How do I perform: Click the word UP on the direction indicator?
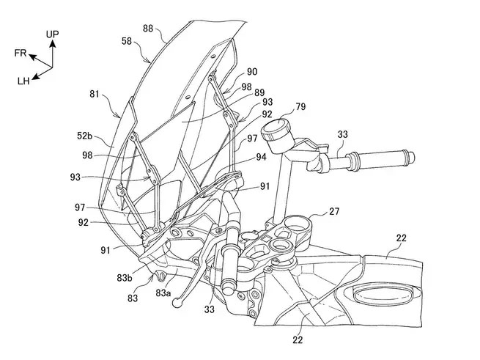coord(52,34)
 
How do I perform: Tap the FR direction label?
coord(21,53)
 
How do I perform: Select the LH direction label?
coord(23,81)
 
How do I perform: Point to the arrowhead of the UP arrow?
coord(53,43)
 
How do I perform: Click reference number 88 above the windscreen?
coord(148,29)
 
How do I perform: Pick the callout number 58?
coord(127,41)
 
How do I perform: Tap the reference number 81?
coord(95,94)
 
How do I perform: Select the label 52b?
coord(84,136)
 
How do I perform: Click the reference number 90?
coord(252,72)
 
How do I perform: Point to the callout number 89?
coord(259,92)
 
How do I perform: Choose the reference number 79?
coord(300,106)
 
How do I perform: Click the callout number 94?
coord(261,157)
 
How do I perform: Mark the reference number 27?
coord(334,211)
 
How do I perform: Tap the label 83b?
coord(125,278)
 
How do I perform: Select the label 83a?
coord(163,293)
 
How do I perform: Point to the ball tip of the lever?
coord(177,303)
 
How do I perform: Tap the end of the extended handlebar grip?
coord(412,157)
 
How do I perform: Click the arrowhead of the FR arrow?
coord(32,56)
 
